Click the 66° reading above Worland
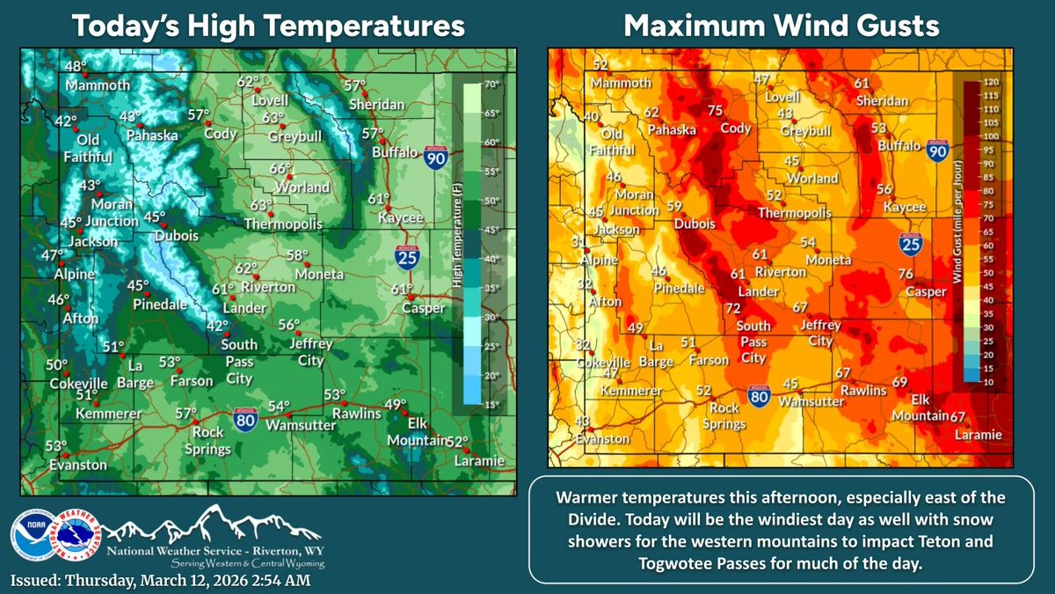pyautogui.click(x=280, y=169)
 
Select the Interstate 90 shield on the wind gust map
pyautogui.click(x=938, y=152)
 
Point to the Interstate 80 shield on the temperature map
pyautogui.click(x=245, y=416)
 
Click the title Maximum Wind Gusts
pyautogui.click(x=780, y=26)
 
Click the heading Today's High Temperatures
pyautogui.click(x=267, y=26)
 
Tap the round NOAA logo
pyautogui.click(x=25, y=537)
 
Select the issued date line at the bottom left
pyautogui.click(x=160, y=581)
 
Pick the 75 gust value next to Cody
pyautogui.click(x=715, y=110)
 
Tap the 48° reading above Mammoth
pyautogui.click(x=79, y=67)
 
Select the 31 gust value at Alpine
pyautogui.click(x=578, y=243)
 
